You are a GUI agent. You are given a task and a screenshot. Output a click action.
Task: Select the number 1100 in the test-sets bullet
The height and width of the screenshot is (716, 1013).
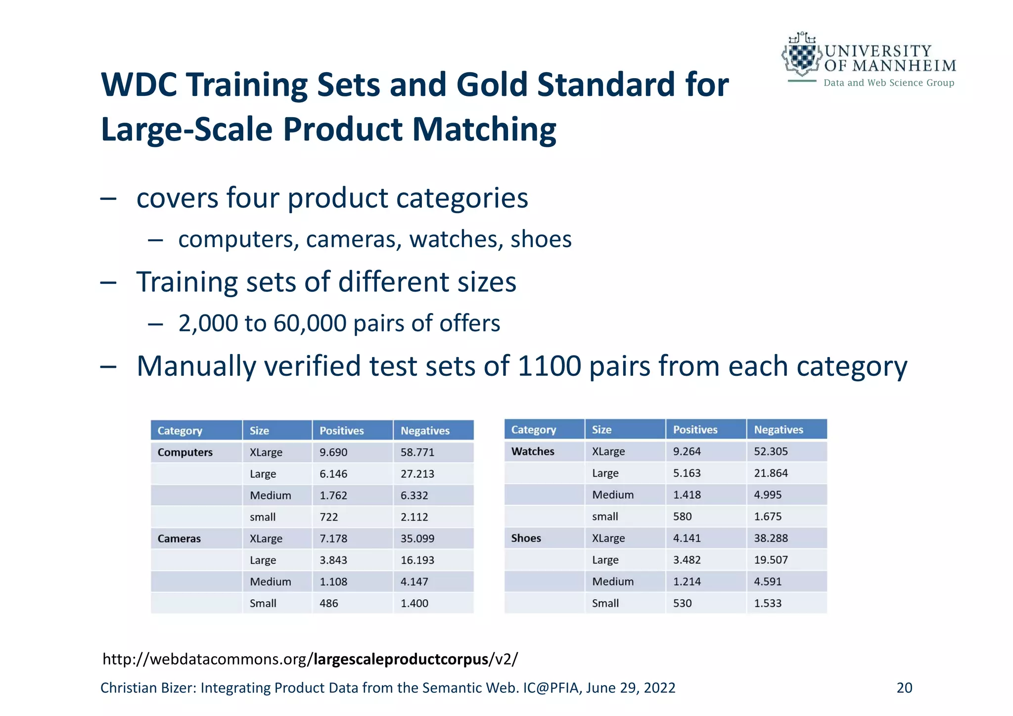(x=549, y=366)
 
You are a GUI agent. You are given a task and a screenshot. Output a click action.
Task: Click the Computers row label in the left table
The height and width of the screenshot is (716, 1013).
(x=185, y=452)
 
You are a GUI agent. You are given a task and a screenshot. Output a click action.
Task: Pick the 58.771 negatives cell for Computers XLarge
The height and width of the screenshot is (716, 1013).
(x=417, y=452)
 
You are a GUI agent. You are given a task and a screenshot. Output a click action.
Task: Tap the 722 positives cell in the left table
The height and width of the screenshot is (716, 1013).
(x=328, y=517)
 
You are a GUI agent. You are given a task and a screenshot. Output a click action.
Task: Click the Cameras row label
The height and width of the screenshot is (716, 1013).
(x=179, y=538)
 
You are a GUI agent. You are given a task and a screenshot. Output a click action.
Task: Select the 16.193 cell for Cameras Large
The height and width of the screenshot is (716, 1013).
(x=417, y=560)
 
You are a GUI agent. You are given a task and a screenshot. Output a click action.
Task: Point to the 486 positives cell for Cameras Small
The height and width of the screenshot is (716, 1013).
(x=328, y=603)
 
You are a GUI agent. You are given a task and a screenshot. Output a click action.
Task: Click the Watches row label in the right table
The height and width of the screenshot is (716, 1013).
(x=533, y=451)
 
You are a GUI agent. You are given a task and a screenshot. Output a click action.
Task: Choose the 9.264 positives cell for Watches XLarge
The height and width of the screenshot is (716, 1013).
(x=687, y=451)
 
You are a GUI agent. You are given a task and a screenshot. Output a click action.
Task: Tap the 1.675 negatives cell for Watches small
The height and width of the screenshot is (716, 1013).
(x=768, y=517)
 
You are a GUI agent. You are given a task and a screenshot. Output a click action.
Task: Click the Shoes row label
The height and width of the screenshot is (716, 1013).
(x=526, y=538)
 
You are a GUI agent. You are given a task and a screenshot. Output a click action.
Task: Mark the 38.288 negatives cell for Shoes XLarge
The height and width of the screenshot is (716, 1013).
(x=771, y=538)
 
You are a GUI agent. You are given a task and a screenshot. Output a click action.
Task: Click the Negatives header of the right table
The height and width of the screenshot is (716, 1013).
(x=778, y=430)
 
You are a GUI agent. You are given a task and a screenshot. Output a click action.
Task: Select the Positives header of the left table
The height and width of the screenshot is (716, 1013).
(x=341, y=431)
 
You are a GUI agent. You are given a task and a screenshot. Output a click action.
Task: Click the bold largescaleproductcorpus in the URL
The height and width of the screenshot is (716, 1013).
(x=401, y=659)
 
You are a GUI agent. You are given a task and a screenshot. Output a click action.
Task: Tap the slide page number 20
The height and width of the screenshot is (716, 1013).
(x=904, y=688)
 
